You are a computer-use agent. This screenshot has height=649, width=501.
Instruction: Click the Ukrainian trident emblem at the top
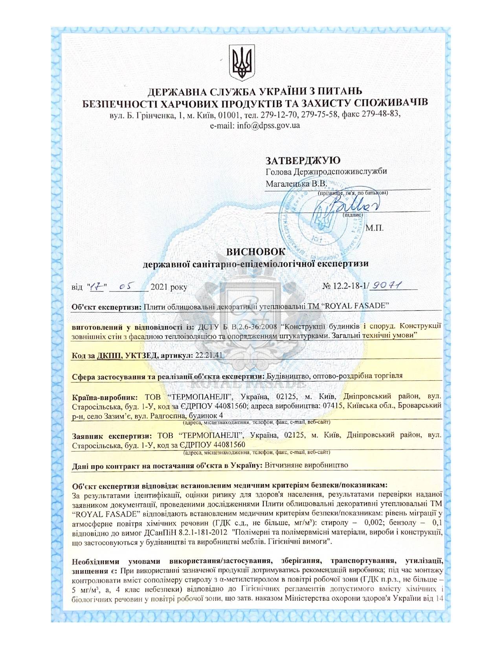coord(242,63)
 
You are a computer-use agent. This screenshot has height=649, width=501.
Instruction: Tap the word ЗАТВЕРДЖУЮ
coord(303,160)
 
